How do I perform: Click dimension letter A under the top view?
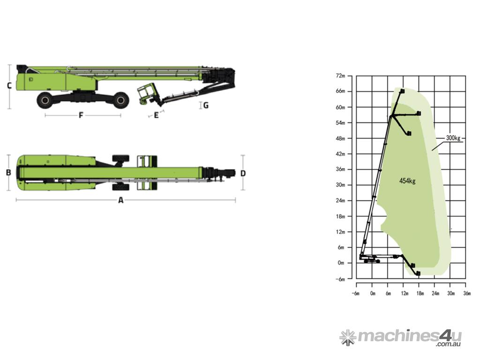pyautogui.click(x=121, y=200)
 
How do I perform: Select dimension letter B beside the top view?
pyautogui.click(x=8, y=172)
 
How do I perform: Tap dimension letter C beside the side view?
pyautogui.click(x=9, y=86)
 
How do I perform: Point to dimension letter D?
pyautogui.click(x=243, y=173)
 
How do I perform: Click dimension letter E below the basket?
pyautogui.click(x=157, y=115)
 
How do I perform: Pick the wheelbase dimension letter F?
pyautogui.click(x=81, y=115)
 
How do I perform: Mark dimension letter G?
pyautogui.click(x=206, y=105)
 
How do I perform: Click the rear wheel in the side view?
pyautogui.click(x=46, y=100)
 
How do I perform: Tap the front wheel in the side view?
pyautogui.click(x=120, y=100)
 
